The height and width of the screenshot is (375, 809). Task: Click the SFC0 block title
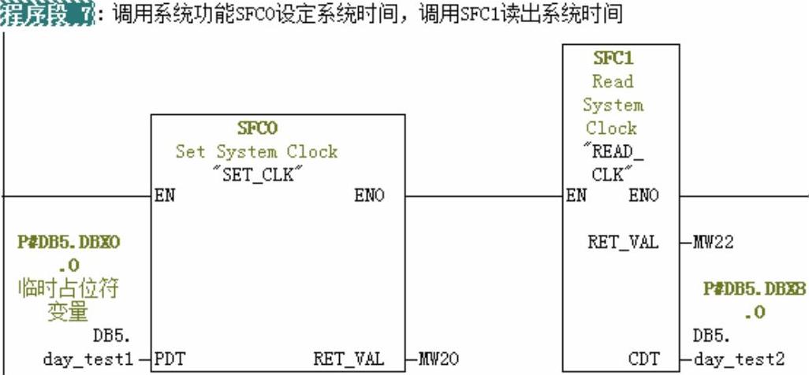click(x=258, y=128)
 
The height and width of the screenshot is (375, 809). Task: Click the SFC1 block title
click(x=613, y=58)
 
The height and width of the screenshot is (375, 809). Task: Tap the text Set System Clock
click(x=256, y=152)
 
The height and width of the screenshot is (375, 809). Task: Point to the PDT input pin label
click(x=169, y=360)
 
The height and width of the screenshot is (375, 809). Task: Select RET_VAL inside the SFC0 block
click(x=349, y=360)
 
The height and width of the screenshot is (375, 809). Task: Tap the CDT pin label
click(x=643, y=360)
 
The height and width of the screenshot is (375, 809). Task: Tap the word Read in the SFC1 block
click(x=613, y=81)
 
